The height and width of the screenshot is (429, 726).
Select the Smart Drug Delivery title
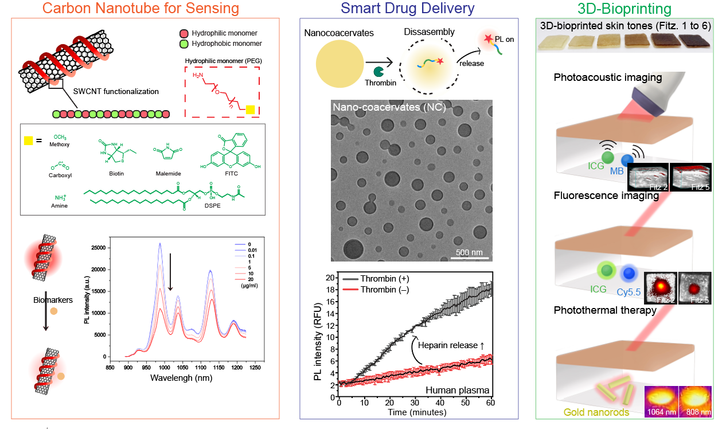(408, 9)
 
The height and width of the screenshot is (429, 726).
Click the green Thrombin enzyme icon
(378, 72)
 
